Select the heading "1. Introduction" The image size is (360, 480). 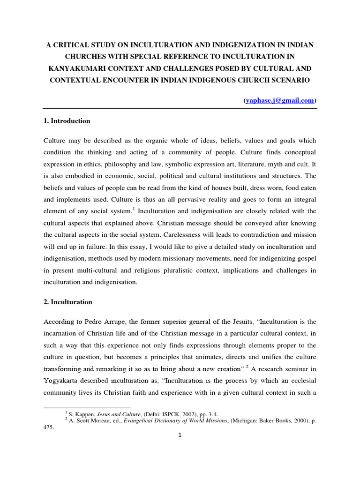[x=67, y=121]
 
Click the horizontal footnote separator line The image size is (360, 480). [x=87, y=407]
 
